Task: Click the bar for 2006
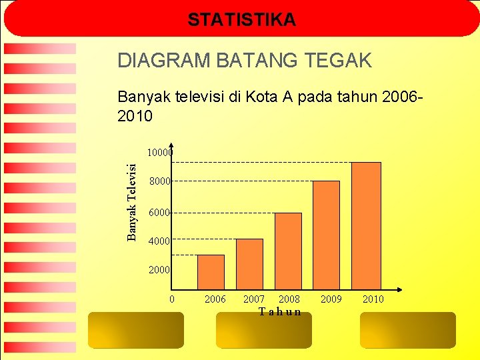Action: (x=211, y=272)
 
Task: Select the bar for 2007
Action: (x=249, y=264)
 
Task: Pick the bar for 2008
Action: (x=288, y=251)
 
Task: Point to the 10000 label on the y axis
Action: (x=159, y=153)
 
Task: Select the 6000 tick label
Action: (x=159, y=213)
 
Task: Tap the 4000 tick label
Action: (x=159, y=241)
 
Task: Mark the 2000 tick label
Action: (x=159, y=270)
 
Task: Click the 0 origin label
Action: (x=172, y=299)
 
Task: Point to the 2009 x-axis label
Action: (x=331, y=299)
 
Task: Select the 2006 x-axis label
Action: (x=215, y=299)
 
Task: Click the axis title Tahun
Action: (x=280, y=312)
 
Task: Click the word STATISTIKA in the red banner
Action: (x=241, y=20)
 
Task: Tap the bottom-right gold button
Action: (x=407, y=330)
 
